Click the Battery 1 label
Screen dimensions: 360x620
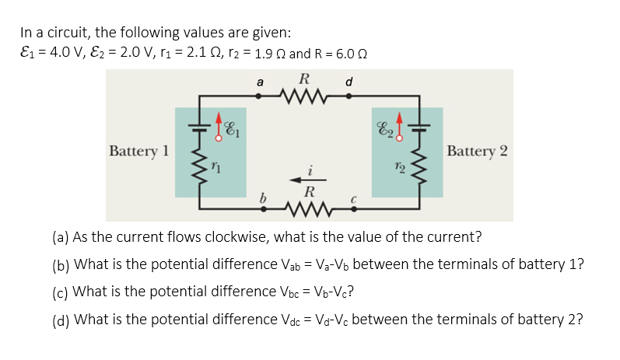(x=139, y=150)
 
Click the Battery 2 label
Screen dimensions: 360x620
(x=478, y=150)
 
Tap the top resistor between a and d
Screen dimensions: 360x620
(x=304, y=96)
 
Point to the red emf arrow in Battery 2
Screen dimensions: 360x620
(x=401, y=127)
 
